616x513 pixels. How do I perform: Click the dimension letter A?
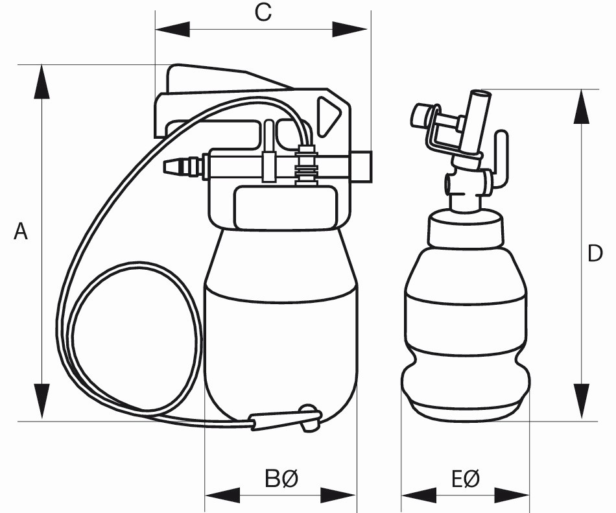tap(21, 232)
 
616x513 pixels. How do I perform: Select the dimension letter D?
tap(595, 254)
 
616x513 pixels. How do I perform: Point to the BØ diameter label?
tap(281, 480)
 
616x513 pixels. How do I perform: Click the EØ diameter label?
tap(465, 480)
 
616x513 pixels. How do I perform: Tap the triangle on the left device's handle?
tap(329, 117)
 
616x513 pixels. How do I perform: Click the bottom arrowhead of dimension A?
tap(41, 402)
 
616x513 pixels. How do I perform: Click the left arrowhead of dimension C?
tap(172, 29)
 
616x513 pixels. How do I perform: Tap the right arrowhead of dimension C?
tap(350, 29)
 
